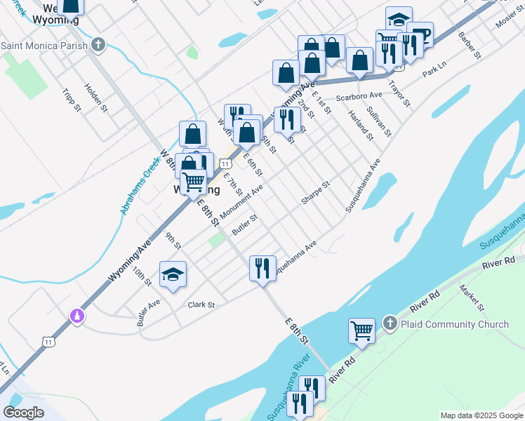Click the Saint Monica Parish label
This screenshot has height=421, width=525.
[44, 46]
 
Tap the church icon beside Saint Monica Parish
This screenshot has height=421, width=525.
[98, 46]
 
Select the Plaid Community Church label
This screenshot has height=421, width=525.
[454, 324]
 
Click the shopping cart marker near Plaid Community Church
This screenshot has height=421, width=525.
[361, 330]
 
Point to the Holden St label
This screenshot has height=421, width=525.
[96, 98]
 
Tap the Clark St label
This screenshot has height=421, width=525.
[201, 305]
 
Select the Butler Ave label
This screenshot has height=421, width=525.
[149, 312]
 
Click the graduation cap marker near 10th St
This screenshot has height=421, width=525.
[173, 275]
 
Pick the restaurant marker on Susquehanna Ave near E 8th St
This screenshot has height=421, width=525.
[262, 268]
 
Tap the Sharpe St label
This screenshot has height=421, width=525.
[315, 194]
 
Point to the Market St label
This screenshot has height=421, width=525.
[472, 298]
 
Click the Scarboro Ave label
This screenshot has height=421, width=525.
[359, 95]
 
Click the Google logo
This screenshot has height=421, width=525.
[24, 413]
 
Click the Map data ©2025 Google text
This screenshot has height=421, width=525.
[481, 415]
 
